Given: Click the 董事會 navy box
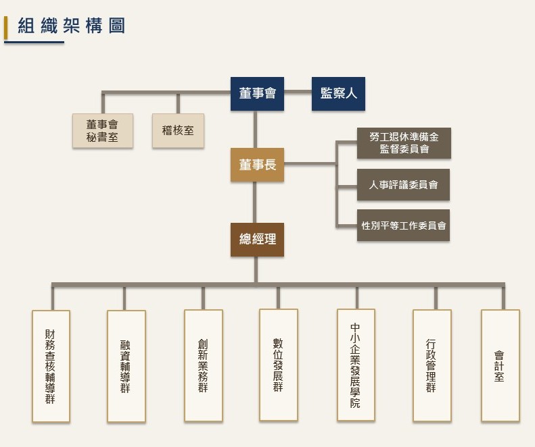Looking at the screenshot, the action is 257,94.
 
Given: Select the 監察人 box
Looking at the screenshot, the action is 338,94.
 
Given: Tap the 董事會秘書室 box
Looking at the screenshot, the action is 103,131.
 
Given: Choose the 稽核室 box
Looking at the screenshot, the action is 178,131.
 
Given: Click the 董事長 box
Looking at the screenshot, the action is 257,165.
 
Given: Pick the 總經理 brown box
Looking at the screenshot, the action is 257,240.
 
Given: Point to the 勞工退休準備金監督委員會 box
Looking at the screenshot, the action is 404,143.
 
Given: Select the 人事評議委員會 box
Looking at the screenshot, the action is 403,184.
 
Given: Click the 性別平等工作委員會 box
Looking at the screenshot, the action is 403,226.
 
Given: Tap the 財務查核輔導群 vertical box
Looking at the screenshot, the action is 51,366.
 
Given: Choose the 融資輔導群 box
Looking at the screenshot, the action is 126,366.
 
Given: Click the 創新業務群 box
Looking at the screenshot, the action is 204,365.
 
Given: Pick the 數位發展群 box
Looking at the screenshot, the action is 279,365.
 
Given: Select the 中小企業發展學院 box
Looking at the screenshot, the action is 356,365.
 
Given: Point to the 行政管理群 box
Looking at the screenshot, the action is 432,365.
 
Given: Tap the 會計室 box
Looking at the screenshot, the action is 501,365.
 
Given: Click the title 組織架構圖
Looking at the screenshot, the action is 71,26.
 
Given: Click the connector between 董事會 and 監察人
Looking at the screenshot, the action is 298,91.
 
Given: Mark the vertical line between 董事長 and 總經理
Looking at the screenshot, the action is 254,203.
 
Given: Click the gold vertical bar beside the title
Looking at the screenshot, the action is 6,28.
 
